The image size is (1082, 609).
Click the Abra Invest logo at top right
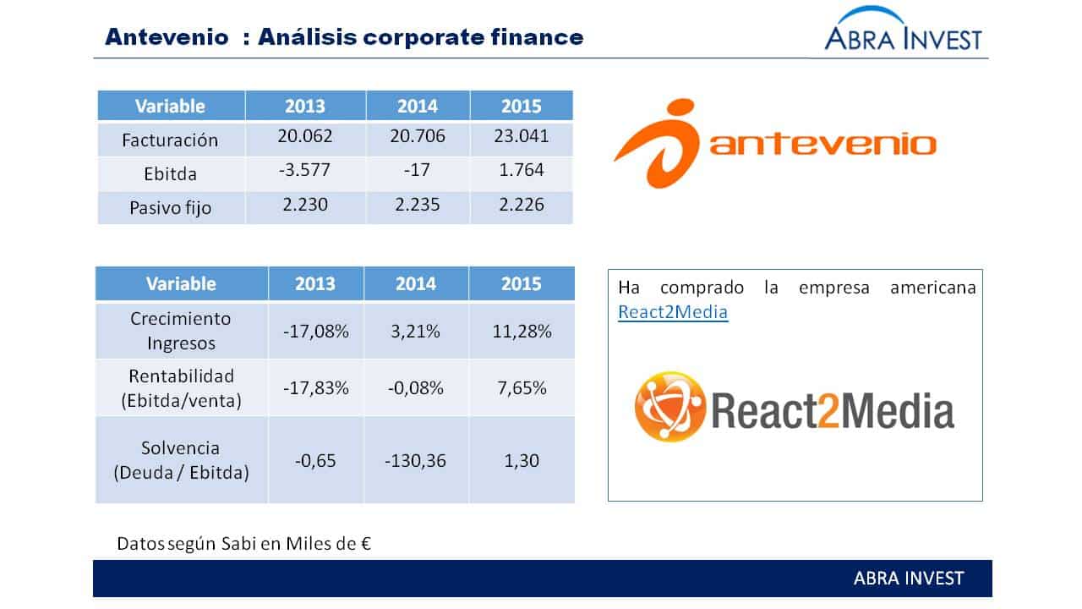pos(903,28)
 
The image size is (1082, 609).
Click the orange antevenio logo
pos(775,144)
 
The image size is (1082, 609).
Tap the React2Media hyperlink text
pos(673,312)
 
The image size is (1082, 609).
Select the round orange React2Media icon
pos(670,407)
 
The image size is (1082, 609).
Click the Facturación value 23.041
pos(522,136)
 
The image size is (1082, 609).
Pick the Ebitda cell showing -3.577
pos(304,170)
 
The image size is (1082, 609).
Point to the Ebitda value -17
pos(417,170)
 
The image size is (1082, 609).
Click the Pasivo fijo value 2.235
pos(418,205)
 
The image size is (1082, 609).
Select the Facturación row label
pos(170,140)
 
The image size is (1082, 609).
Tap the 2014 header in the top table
pos(418,106)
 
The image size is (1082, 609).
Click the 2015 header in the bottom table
pos(521,283)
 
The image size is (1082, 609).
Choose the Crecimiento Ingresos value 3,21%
pos(415,332)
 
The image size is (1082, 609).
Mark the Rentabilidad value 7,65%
pos(522,388)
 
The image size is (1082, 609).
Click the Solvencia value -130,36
pos(415,461)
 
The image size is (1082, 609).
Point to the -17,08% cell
pos(316,332)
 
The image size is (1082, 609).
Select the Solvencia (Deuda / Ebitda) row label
pos(181,460)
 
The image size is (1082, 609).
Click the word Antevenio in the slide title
pos(167,37)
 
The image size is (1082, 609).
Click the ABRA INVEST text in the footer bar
pos(909,579)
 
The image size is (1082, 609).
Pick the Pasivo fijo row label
pos(171,208)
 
